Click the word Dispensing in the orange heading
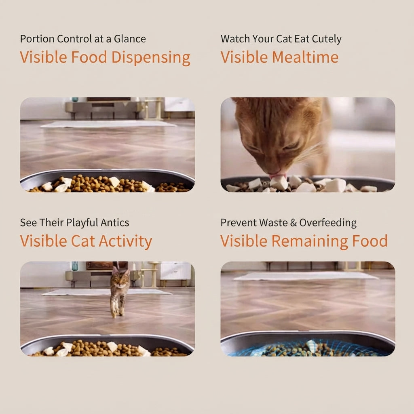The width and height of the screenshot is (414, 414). (x=151, y=57)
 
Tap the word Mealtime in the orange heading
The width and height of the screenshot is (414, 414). (x=305, y=57)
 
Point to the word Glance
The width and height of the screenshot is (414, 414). (x=130, y=39)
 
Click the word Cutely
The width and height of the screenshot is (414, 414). (x=327, y=39)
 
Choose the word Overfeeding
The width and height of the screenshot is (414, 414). (x=328, y=223)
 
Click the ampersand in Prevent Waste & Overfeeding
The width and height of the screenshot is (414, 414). (x=294, y=223)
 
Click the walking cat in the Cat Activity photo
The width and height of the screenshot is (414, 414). (x=120, y=292)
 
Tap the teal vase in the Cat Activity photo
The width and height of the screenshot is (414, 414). (x=75, y=266)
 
